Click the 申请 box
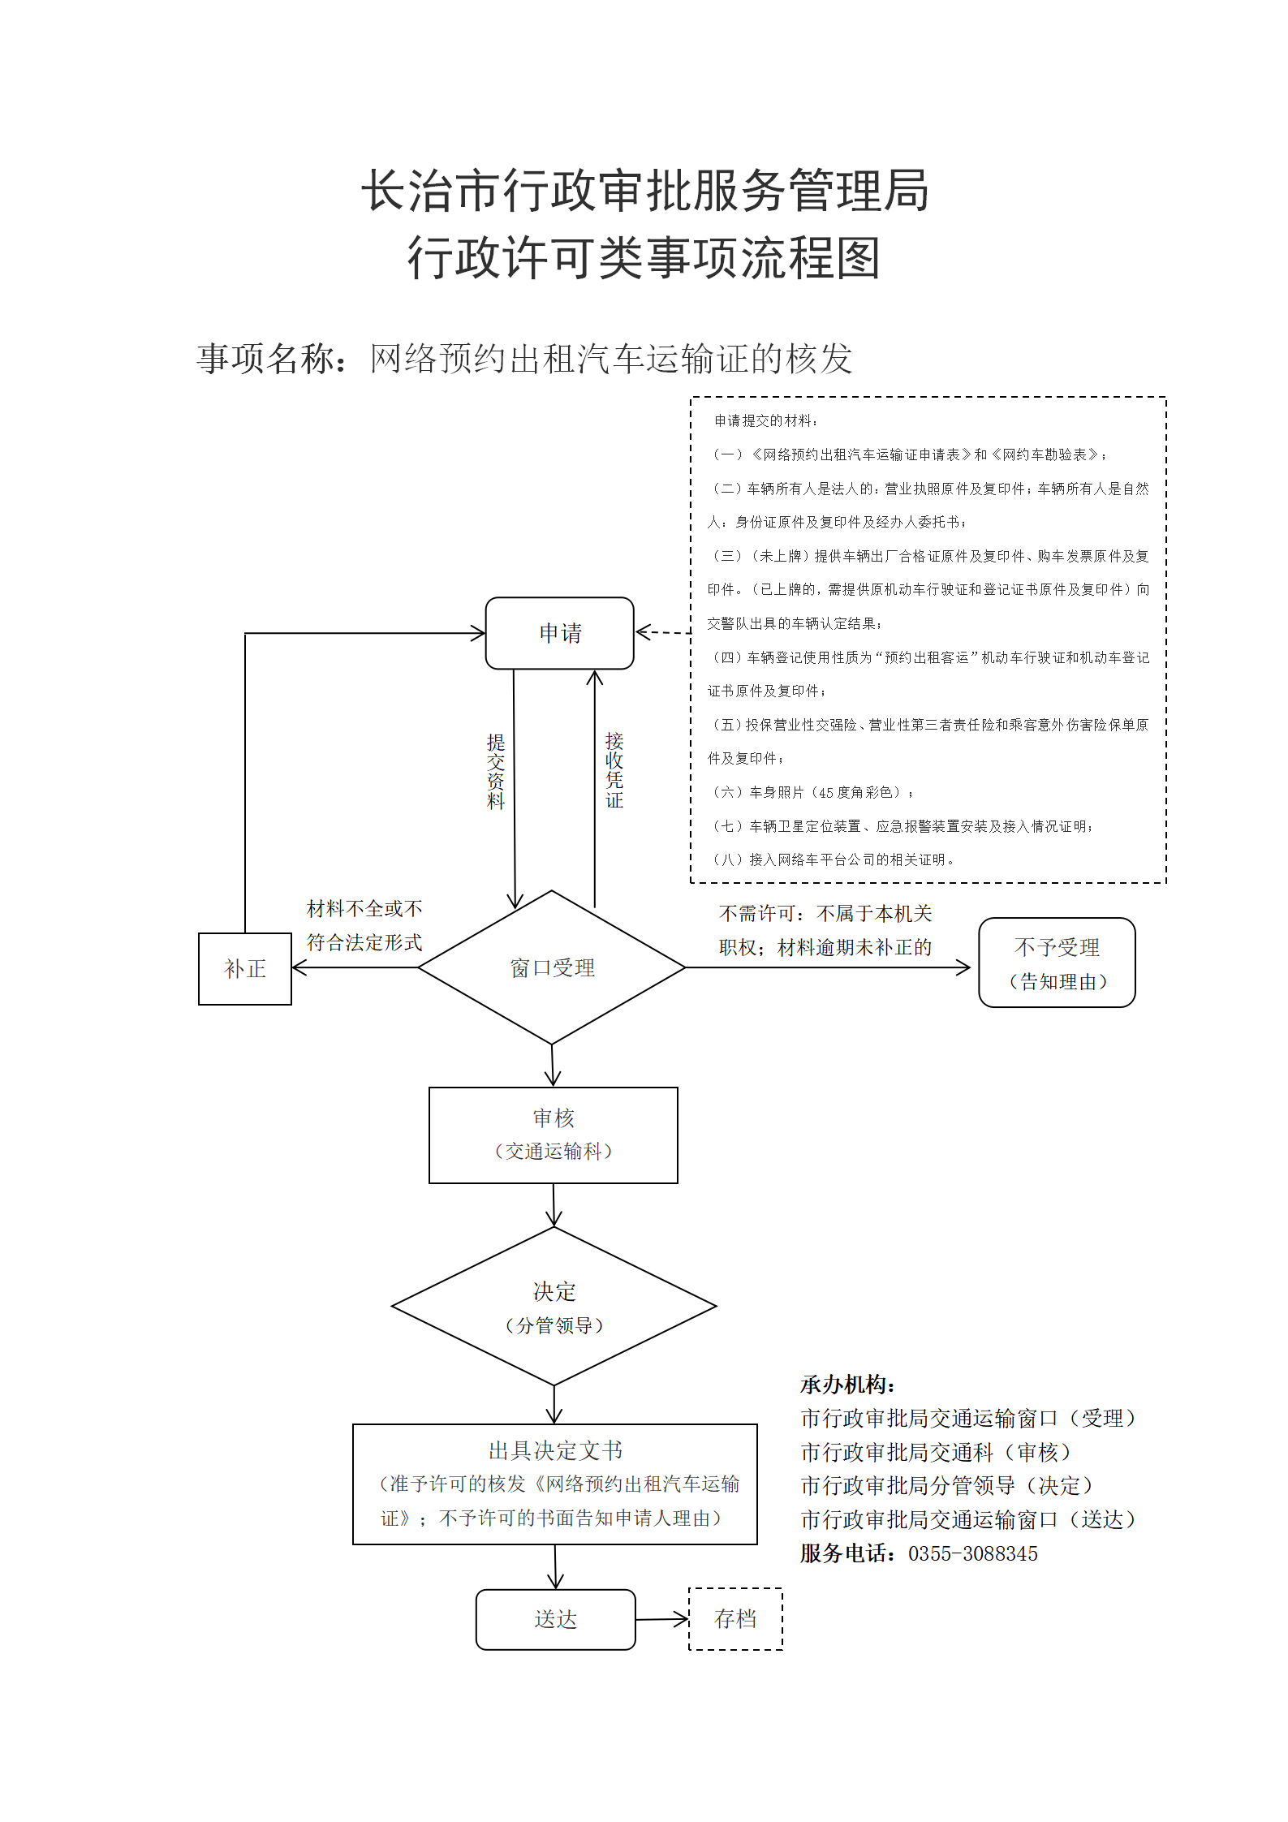559,633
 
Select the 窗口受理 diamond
552,967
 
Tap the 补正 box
244,968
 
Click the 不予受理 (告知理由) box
1057,963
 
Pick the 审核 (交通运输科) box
554,1135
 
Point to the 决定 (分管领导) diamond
554,1306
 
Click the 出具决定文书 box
555,1484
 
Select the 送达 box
555,1620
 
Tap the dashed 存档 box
735,1619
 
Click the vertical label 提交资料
496,771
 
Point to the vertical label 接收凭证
614,769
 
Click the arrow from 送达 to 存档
662,1620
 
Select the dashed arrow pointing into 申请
663,632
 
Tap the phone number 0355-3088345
972,1553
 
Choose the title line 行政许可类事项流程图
644,258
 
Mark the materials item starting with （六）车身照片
812,792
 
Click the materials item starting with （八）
832,859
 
